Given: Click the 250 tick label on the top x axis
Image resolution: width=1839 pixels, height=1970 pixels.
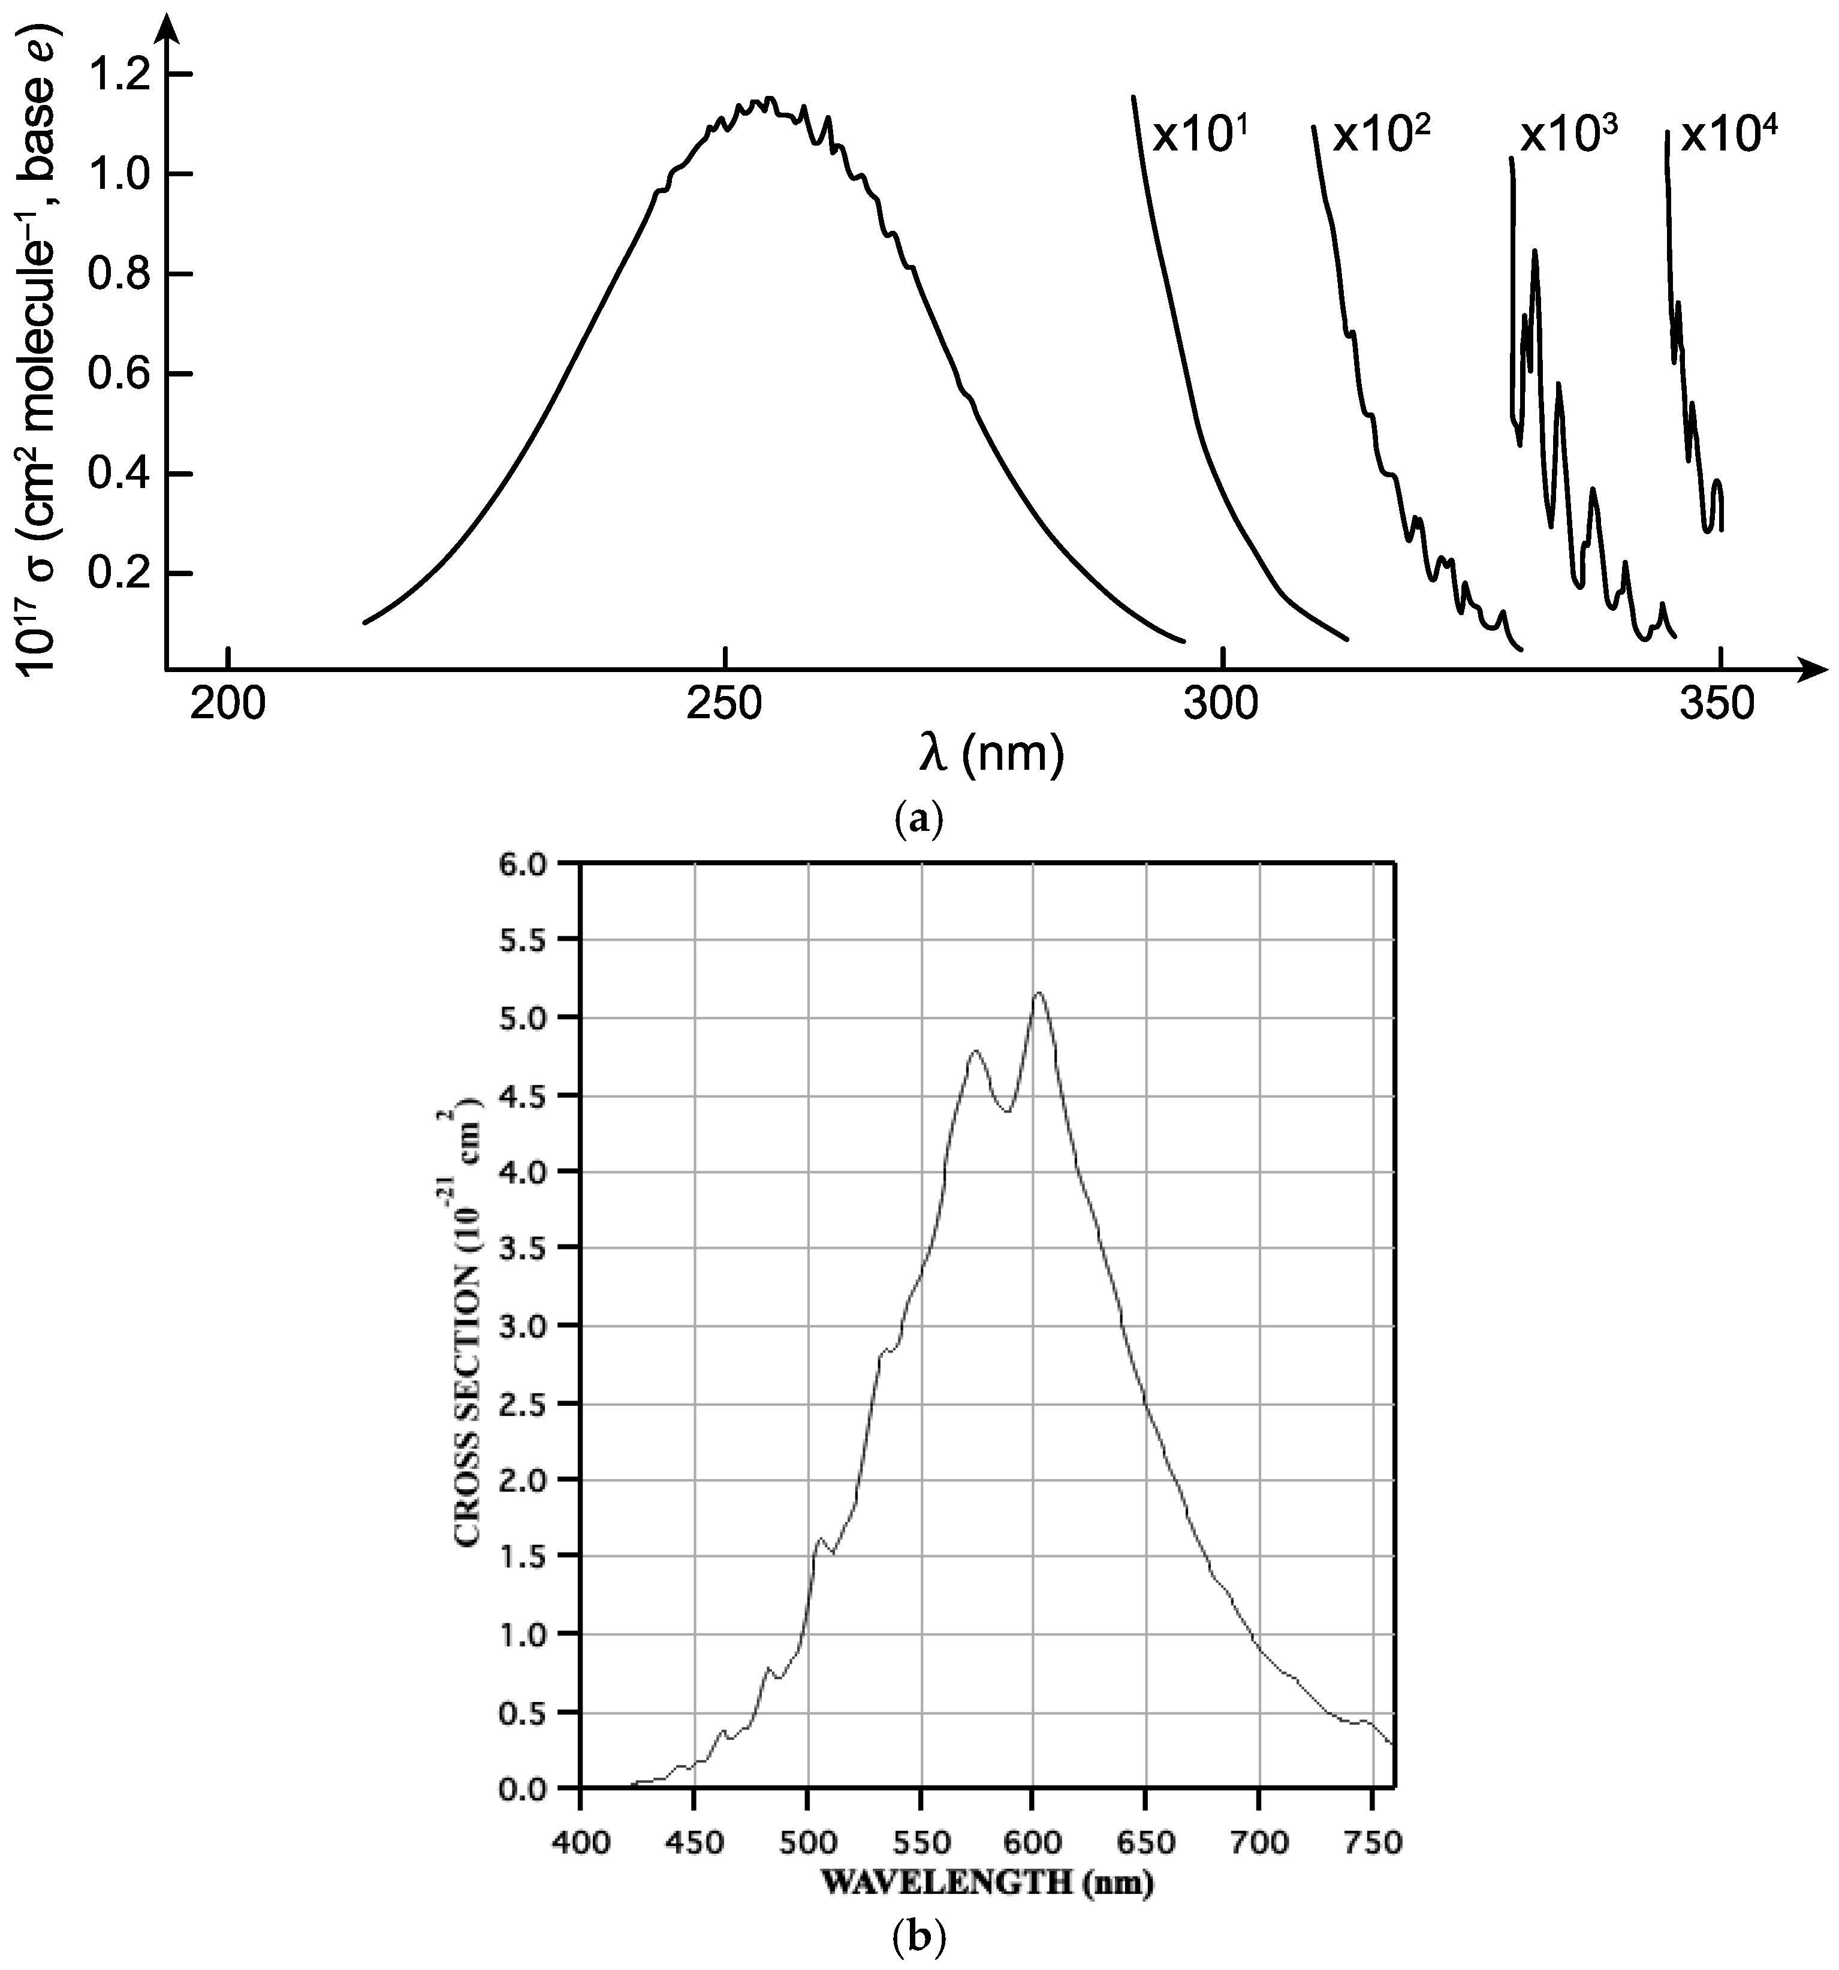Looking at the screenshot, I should tap(726, 704).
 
